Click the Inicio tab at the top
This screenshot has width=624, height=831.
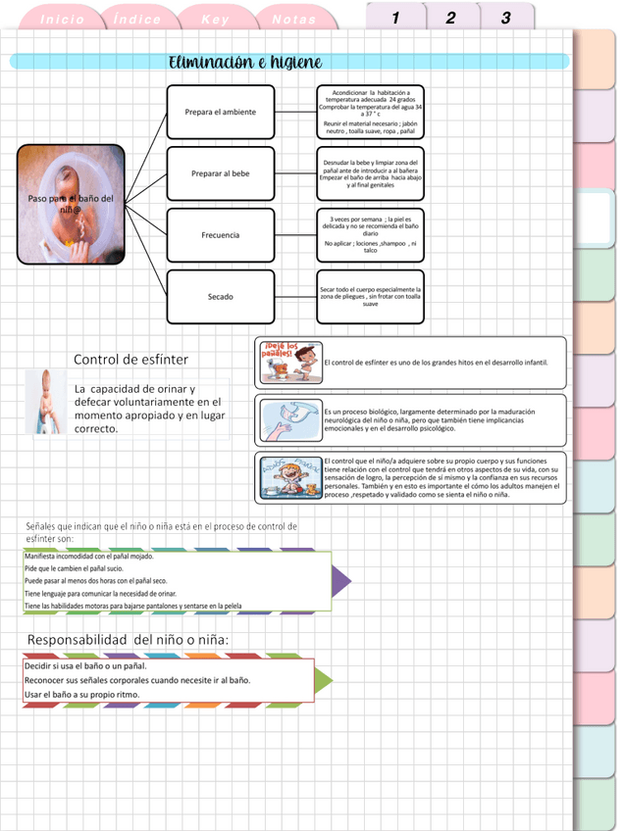(x=63, y=20)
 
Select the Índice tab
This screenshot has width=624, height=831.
(x=137, y=20)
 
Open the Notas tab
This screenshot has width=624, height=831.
(x=294, y=20)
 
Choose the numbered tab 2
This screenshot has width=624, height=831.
(x=450, y=18)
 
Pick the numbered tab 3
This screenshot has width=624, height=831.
(x=506, y=18)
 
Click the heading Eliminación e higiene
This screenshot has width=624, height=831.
(x=245, y=63)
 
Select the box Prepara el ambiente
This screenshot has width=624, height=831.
(x=220, y=112)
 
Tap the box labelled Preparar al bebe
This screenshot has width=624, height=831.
(x=220, y=173)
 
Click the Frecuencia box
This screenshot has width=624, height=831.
(x=220, y=235)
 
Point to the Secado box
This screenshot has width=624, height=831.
(x=220, y=296)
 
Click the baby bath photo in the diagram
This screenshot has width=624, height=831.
(x=71, y=204)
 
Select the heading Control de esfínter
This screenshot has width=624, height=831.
(x=130, y=360)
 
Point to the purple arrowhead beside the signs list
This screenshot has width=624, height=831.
(x=340, y=582)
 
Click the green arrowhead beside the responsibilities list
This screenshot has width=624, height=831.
(x=323, y=680)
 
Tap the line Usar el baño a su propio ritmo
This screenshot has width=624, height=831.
(x=82, y=695)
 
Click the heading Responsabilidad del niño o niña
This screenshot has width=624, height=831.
(x=129, y=640)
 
